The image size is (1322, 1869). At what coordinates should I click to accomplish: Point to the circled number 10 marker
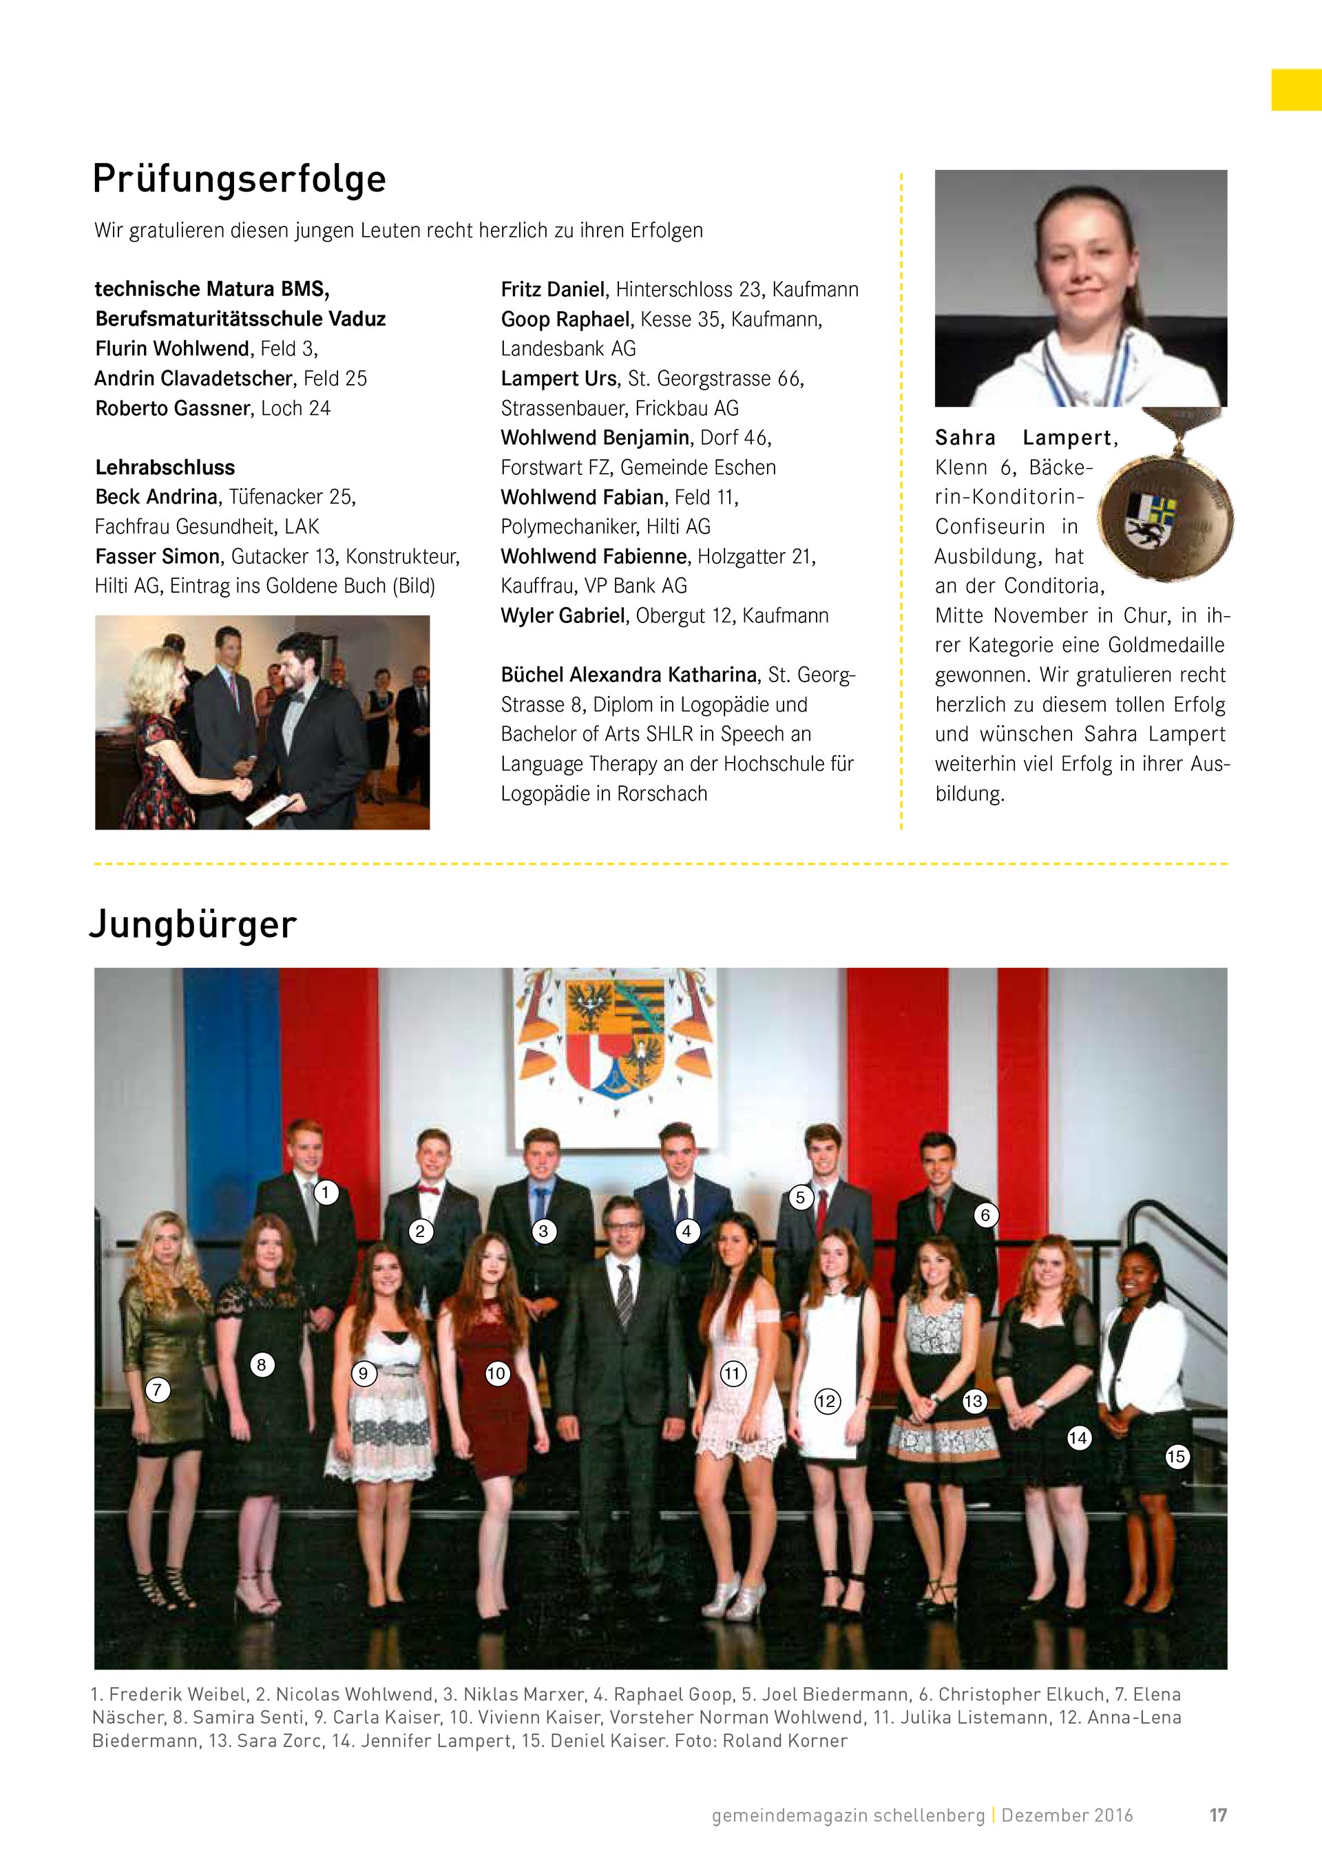pos(496,1374)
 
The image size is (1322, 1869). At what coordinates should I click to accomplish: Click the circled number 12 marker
pos(826,1401)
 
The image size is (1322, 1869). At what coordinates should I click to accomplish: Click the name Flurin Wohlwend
pos(171,348)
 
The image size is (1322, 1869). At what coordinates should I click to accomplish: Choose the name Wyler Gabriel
pos(563,615)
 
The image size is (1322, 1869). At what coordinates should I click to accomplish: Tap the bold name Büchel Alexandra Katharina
pos(629,675)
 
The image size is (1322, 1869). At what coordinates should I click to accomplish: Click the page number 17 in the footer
pos(1218,1815)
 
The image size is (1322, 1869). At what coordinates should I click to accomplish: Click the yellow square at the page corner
pos(1296,90)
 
